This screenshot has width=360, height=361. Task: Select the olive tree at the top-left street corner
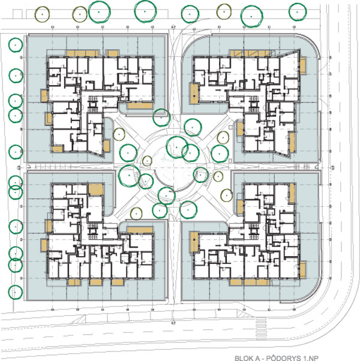42,14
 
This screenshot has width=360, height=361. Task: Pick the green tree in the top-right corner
298,12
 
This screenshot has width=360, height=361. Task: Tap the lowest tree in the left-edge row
16,292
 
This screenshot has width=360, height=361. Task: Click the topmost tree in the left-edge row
16,45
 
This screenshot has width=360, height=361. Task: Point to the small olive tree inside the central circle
147,161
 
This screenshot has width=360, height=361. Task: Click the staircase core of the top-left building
93,104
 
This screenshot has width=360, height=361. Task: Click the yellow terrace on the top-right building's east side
303,65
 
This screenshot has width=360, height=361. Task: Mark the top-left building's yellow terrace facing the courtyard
140,106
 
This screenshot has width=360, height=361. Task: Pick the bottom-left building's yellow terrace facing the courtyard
140,230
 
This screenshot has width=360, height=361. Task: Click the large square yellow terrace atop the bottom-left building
96,189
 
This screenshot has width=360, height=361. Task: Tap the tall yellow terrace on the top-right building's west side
194,93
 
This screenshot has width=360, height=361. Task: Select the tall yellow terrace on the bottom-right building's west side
194,242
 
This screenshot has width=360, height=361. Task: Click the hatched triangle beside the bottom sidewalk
242,313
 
